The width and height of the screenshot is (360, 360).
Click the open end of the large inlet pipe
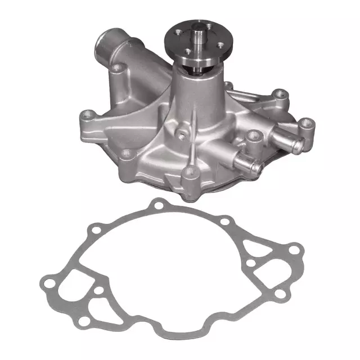pyautogui.click(x=106, y=40)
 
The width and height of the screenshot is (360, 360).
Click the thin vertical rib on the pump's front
pyautogui.click(x=195, y=121)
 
